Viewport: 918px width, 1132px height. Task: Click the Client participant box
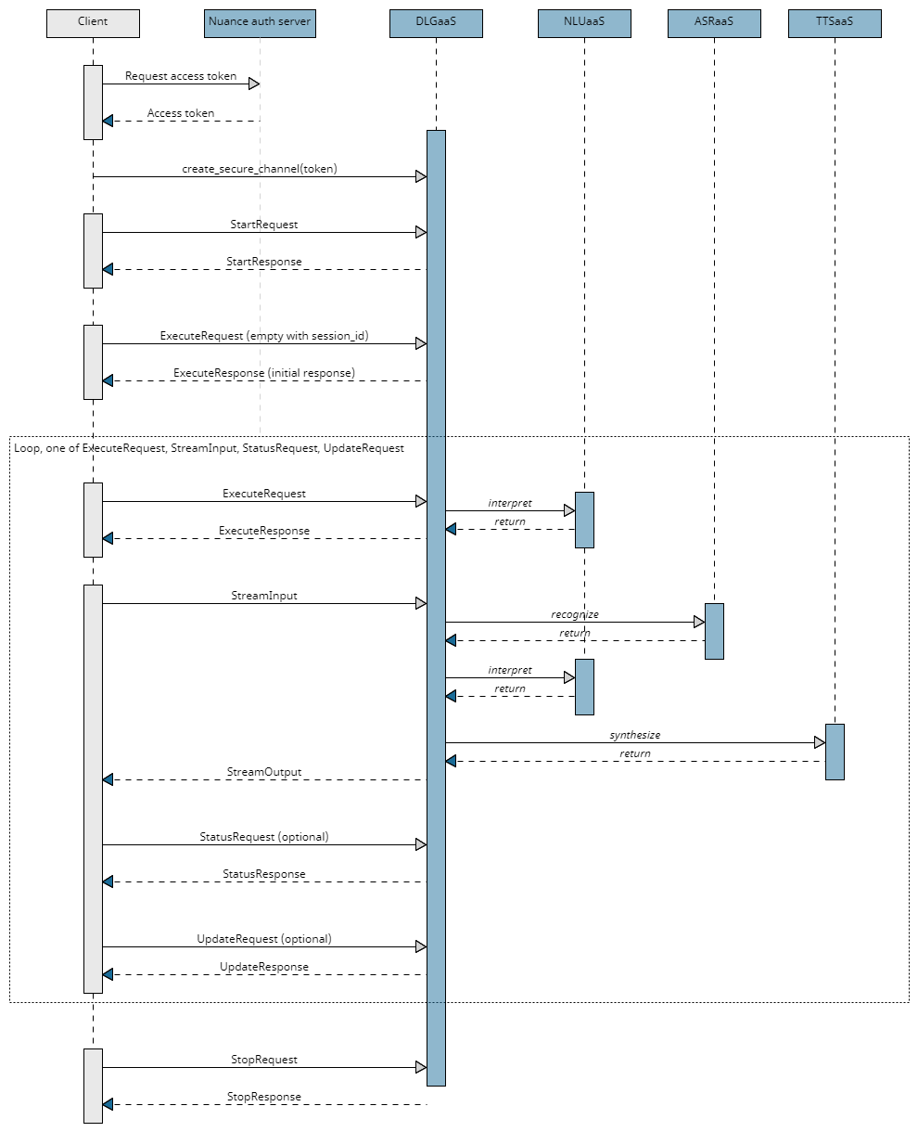pyautogui.click(x=93, y=23)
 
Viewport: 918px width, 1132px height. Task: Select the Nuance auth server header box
pyautogui.click(x=260, y=23)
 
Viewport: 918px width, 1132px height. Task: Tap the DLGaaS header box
pyautogui.click(x=436, y=23)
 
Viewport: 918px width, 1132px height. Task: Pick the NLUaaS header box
pyautogui.click(x=584, y=23)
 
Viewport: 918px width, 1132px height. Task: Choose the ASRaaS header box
pyautogui.click(x=714, y=23)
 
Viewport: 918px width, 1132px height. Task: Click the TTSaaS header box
pyautogui.click(x=835, y=23)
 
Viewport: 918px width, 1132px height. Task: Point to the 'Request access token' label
pyautogui.click(x=181, y=76)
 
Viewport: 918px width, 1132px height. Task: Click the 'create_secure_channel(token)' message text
pyautogui.click(x=260, y=169)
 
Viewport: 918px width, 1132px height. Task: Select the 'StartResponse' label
pyautogui.click(x=264, y=262)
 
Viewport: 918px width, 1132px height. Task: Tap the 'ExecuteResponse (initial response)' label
pyautogui.click(x=264, y=373)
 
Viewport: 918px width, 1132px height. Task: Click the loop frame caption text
pyautogui.click(x=210, y=448)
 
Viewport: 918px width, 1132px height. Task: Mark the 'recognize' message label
pyautogui.click(x=575, y=614)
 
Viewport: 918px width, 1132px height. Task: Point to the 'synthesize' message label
pyautogui.click(x=635, y=735)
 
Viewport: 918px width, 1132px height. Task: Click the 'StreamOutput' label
pyautogui.click(x=264, y=772)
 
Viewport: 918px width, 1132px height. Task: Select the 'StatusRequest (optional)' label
pyautogui.click(x=264, y=837)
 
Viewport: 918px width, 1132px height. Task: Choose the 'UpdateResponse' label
pyautogui.click(x=264, y=967)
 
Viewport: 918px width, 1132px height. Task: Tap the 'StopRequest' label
pyautogui.click(x=264, y=1060)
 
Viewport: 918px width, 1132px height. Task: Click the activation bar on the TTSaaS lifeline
pyautogui.click(x=835, y=752)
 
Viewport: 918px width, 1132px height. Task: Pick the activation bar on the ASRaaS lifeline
pyautogui.click(x=714, y=631)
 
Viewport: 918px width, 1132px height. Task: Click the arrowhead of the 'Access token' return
pyautogui.click(x=108, y=121)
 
